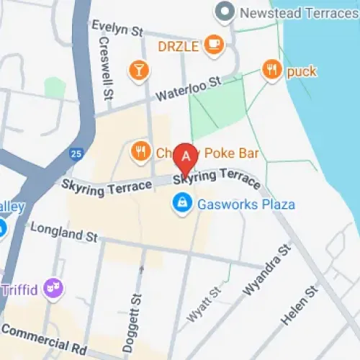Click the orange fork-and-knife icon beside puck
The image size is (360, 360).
point(271,71)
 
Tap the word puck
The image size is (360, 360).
point(302,71)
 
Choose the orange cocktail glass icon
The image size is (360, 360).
point(137,69)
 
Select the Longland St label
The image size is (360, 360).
point(63,232)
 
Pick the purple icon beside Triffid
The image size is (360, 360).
point(53,289)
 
